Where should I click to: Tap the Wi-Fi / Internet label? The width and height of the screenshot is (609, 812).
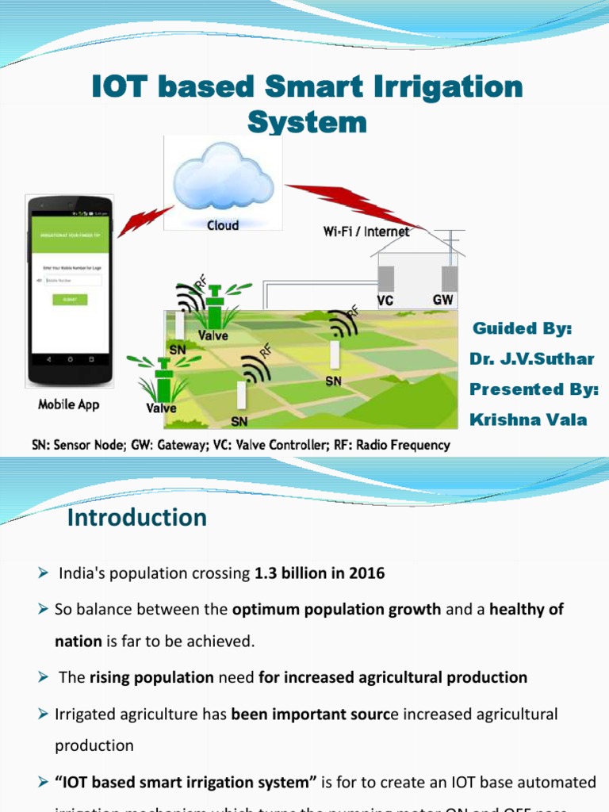click(x=366, y=232)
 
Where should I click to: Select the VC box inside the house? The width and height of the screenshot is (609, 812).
click(x=386, y=278)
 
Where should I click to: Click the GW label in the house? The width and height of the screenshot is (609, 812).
click(x=443, y=300)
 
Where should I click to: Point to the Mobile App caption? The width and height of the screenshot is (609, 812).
click(x=69, y=404)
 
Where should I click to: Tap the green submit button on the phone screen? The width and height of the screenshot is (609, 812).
click(x=70, y=300)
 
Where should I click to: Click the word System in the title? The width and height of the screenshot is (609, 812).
click(x=307, y=122)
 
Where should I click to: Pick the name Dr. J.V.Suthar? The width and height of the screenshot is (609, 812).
click(x=531, y=358)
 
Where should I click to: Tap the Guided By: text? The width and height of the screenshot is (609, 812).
click(x=522, y=328)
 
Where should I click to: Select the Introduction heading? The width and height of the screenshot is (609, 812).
click(x=137, y=518)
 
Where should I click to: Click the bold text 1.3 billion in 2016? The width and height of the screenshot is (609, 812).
click(x=320, y=573)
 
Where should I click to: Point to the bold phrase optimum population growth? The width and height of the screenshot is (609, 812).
click(x=336, y=610)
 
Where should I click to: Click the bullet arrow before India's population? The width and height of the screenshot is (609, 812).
click(x=44, y=573)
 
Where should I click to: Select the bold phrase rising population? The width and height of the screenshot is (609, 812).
click(x=151, y=677)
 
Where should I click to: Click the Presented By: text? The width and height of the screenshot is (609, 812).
click(x=534, y=389)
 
